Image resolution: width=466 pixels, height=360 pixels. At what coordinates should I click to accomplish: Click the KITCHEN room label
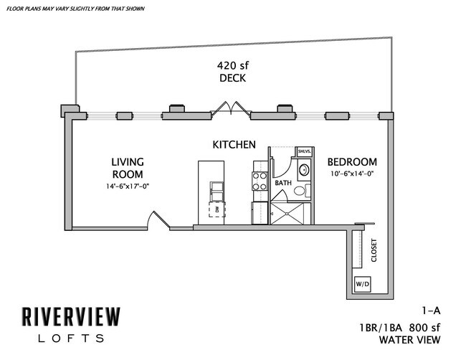[234, 145]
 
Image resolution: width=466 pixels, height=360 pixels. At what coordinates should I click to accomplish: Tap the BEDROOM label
[351, 162]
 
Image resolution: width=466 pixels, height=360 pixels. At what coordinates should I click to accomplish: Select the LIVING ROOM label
[128, 167]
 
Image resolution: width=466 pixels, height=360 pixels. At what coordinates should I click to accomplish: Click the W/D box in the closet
[362, 285]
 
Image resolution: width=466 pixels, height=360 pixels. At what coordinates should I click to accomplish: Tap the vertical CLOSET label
[374, 250]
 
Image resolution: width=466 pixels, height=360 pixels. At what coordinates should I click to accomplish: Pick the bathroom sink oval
[303, 171]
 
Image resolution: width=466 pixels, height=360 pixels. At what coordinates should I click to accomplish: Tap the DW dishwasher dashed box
[214, 209]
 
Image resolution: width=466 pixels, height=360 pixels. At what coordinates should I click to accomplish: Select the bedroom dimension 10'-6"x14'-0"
[352, 174]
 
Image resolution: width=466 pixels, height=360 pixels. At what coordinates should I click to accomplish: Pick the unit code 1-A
[431, 311]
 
